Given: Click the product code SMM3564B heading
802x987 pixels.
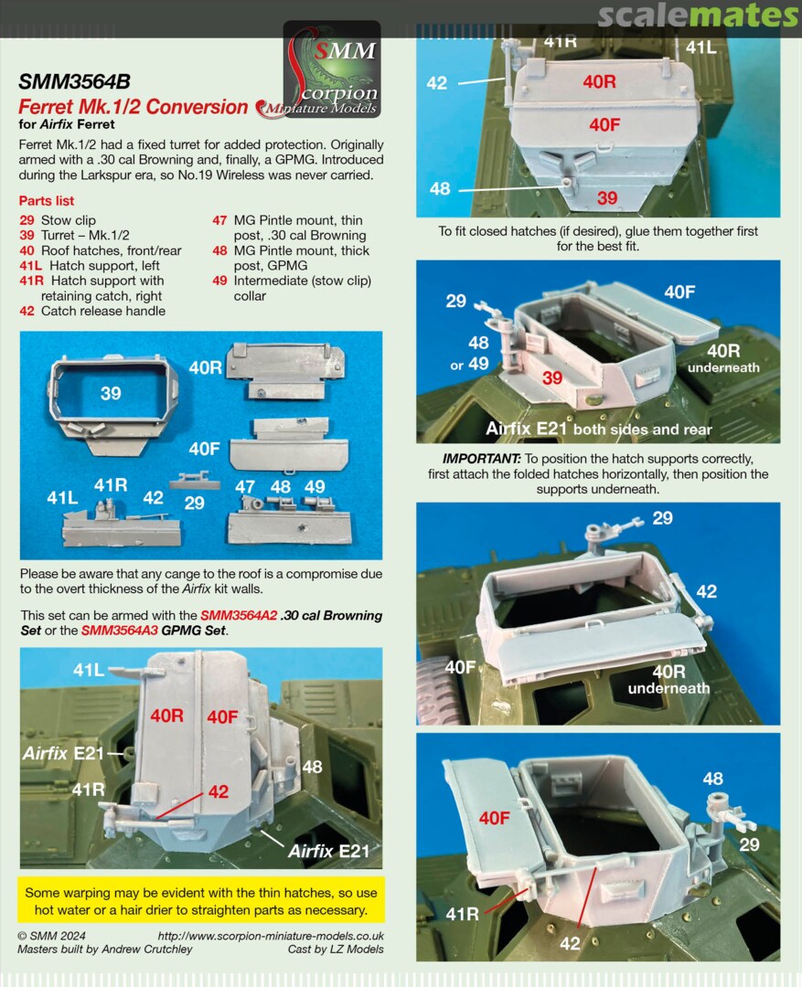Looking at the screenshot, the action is (x=74, y=82).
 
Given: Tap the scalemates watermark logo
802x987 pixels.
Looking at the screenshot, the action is (x=698, y=16).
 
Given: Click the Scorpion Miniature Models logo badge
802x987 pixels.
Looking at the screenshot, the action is (x=332, y=69).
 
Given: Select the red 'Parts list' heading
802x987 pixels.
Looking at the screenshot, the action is (x=47, y=201).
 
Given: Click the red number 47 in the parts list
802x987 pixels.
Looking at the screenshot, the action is (x=219, y=220).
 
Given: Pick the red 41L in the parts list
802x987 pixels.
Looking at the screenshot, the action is (x=30, y=266).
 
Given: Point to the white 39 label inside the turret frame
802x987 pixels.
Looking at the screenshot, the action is (x=111, y=393).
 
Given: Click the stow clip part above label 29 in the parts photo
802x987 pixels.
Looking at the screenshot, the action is (x=194, y=481).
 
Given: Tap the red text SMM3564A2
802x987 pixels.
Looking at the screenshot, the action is (x=239, y=616).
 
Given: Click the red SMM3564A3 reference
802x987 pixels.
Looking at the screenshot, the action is (x=120, y=631).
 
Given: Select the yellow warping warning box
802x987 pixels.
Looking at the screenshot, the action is (x=201, y=901).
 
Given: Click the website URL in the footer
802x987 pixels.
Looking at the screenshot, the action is (x=271, y=936).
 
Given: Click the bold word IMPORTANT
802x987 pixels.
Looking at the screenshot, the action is (x=481, y=459).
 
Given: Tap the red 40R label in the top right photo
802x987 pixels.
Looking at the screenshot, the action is (x=599, y=82).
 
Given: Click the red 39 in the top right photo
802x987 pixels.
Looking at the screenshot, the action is (x=606, y=198).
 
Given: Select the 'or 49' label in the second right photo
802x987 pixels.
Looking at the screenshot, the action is (x=469, y=365).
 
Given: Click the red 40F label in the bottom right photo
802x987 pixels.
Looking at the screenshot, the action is (x=495, y=818).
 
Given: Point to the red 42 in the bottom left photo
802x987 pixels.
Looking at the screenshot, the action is (x=219, y=791).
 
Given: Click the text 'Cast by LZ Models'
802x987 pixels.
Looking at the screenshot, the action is (x=336, y=950).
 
